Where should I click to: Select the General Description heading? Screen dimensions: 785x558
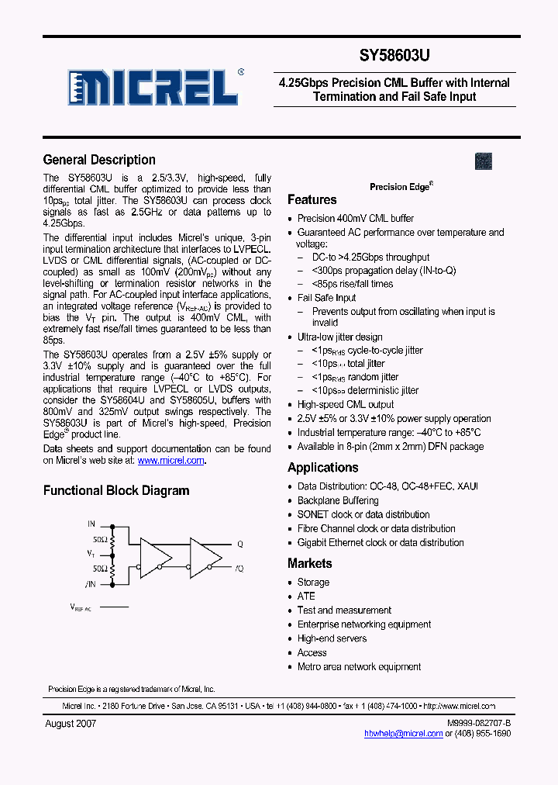(99, 160)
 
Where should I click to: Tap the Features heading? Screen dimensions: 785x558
(312, 200)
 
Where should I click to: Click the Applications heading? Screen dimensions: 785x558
(323, 468)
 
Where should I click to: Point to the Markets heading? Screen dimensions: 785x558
(310, 564)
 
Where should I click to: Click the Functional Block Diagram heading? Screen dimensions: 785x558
(116, 490)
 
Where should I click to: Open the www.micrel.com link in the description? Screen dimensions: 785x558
(171, 460)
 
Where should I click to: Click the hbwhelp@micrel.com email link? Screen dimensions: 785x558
(401, 733)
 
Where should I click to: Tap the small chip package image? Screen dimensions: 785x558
(484, 161)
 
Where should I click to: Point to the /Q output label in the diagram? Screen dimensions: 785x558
(239, 569)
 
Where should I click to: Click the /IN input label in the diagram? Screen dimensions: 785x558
(91, 584)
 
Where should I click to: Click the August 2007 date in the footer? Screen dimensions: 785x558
(70, 723)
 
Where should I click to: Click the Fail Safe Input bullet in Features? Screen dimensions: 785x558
(326, 298)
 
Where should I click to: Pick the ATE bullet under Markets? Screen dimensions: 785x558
(306, 597)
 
